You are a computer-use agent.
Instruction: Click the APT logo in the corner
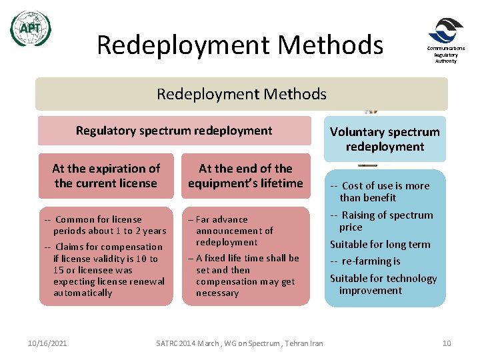click(x=30, y=29)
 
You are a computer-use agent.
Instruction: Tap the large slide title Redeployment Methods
click(x=240, y=45)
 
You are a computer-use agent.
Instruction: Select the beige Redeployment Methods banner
click(x=241, y=94)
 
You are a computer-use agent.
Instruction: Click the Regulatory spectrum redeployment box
click(x=174, y=131)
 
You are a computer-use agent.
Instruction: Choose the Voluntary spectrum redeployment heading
click(x=385, y=139)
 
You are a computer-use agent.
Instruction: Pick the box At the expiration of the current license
click(x=106, y=176)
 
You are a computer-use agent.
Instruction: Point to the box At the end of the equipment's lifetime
click(x=245, y=176)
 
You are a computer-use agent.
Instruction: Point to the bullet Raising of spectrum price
click(x=383, y=221)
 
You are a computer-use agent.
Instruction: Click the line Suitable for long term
click(x=380, y=244)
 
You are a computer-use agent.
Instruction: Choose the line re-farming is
click(x=367, y=261)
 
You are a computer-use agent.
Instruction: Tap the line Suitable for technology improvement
click(x=383, y=284)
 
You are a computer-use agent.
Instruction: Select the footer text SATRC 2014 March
click(x=239, y=343)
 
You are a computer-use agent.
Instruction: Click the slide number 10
click(x=447, y=343)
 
